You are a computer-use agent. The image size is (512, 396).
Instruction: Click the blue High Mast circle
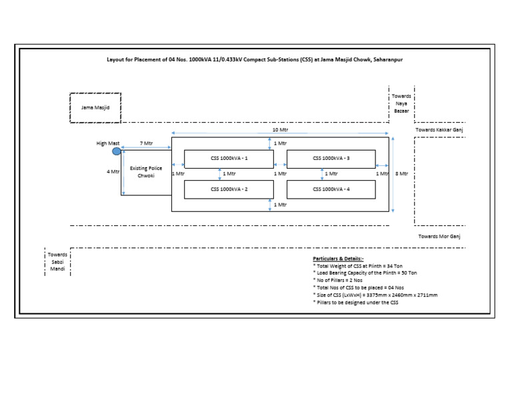pyautogui.click(x=116, y=151)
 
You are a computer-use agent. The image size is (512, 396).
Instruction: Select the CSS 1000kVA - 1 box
pyautogui.click(x=229, y=159)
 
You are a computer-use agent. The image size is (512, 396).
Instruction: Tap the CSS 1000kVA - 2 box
pyautogui.click(x=229, y=189)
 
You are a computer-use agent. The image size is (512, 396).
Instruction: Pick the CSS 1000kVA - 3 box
pyautogui.click(x=331, y=159)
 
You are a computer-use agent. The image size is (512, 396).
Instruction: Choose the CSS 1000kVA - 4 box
pyautogui.click(x=331, y=189)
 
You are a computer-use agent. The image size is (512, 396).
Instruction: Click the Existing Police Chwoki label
pyautogui.click(x=146, y=172)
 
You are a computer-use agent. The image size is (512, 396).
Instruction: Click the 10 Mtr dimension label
pyautogui.click(x=280, y=129)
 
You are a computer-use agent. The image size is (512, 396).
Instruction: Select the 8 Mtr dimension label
pyautogui.click(x=401, y=174)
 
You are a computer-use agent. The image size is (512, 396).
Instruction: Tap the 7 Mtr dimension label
pyautogui.click(x=146, y=143)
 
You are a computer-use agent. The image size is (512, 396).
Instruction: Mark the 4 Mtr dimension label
pyautogui.click(x=113, y=171)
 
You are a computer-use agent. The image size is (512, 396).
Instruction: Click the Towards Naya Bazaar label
pyautogui.click(x=401, y=103)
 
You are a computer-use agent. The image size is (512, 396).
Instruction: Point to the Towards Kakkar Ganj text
pyautogui.click(x=439, y=130)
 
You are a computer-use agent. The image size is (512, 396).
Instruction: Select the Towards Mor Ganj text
pyautogui.click(x=439, y=237)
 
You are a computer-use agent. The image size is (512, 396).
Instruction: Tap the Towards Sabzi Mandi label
pyautogui.click(x=57, y=262)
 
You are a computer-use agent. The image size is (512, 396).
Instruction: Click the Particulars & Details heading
pyautogui.click(x=338, y=259)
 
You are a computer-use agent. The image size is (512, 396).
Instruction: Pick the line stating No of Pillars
pyautogui.click(x=337, y=280)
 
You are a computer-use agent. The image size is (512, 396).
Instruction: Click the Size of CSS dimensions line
pyautogui.click(x=375, y=295)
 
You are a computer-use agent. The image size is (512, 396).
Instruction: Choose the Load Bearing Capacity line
pyautogui.click(x=365, y=273)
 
